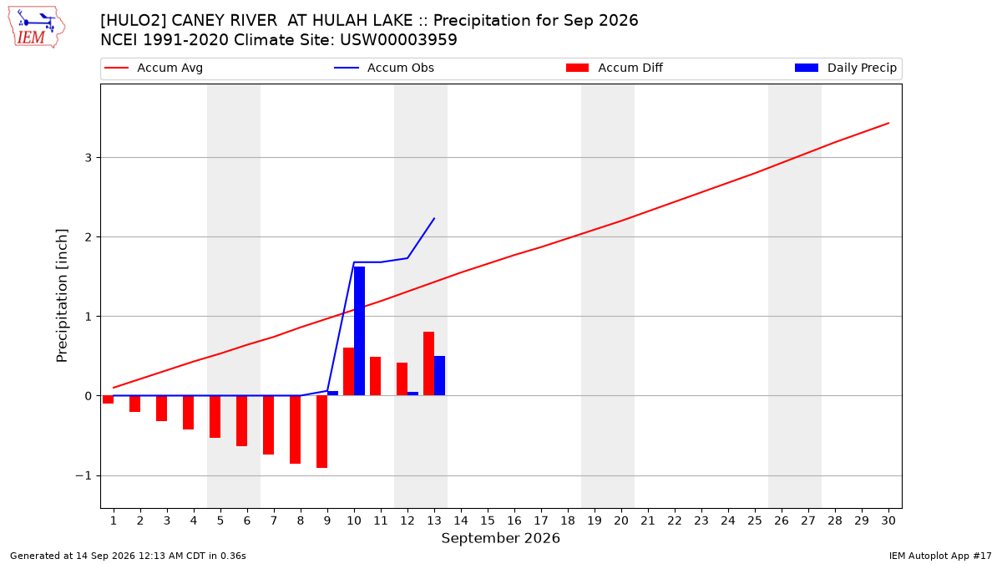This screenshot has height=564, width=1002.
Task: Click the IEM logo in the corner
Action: pos(36,28)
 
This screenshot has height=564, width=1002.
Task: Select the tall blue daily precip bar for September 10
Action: pos(359,331)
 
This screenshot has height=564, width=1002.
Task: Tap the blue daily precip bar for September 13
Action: pos(439,375)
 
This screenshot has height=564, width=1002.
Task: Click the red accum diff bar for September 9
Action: pos(321,431)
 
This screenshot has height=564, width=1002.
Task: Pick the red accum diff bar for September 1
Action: pos(108,399)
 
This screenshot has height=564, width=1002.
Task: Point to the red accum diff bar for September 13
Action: pos(428,363)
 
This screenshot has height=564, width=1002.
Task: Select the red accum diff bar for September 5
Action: pos(215,417)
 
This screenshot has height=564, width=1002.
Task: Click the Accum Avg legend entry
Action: pos(154,68)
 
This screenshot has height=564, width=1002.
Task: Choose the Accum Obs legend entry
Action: pos(384,68)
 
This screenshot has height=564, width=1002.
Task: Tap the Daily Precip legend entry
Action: pos(845,68)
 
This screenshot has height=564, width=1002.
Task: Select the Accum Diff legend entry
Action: pos(615,68)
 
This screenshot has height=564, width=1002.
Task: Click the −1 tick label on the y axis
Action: pos(83,475)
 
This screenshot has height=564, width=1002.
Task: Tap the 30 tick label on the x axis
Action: pos(888,521)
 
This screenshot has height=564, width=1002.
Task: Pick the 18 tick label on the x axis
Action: pos(568,521)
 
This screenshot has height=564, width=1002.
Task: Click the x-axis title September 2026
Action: pos(500,538)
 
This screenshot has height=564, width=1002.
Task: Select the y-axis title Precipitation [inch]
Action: pos(62,296)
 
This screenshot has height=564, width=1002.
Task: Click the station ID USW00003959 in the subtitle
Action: pos(398,40)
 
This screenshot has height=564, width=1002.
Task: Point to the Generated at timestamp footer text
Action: pos(128,556)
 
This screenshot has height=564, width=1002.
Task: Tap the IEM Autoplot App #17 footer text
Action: pos(940,556)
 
